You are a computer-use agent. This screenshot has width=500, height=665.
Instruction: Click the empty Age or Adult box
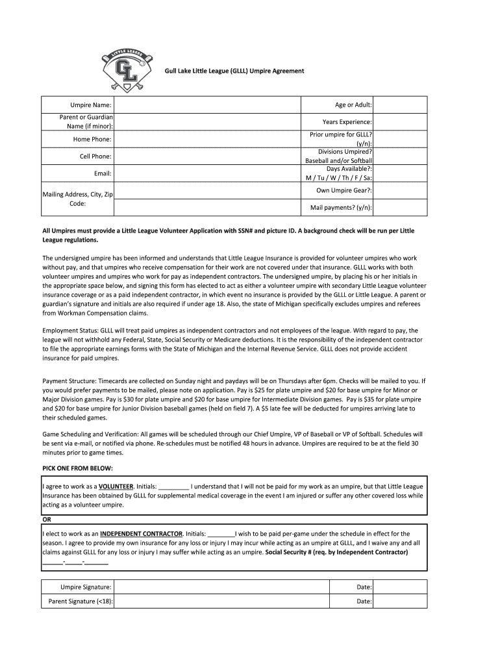point(400,105)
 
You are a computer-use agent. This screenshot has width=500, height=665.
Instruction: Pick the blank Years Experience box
point(400,122)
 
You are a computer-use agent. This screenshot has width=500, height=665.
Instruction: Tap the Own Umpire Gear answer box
point(400,190)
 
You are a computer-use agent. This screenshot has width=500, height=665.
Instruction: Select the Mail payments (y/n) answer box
point(400,207)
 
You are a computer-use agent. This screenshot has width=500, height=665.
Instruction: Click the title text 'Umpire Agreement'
point(276,71)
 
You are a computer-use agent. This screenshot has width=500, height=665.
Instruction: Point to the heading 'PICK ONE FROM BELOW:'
point(77,468)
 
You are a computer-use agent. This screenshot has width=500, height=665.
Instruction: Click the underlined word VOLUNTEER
point(116,486)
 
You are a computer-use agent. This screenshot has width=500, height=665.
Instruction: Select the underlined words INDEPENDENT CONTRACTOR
point(141,533)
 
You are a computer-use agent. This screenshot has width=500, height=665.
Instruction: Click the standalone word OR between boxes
point(47,520)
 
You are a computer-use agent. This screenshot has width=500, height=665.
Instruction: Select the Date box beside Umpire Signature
point(400,586)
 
